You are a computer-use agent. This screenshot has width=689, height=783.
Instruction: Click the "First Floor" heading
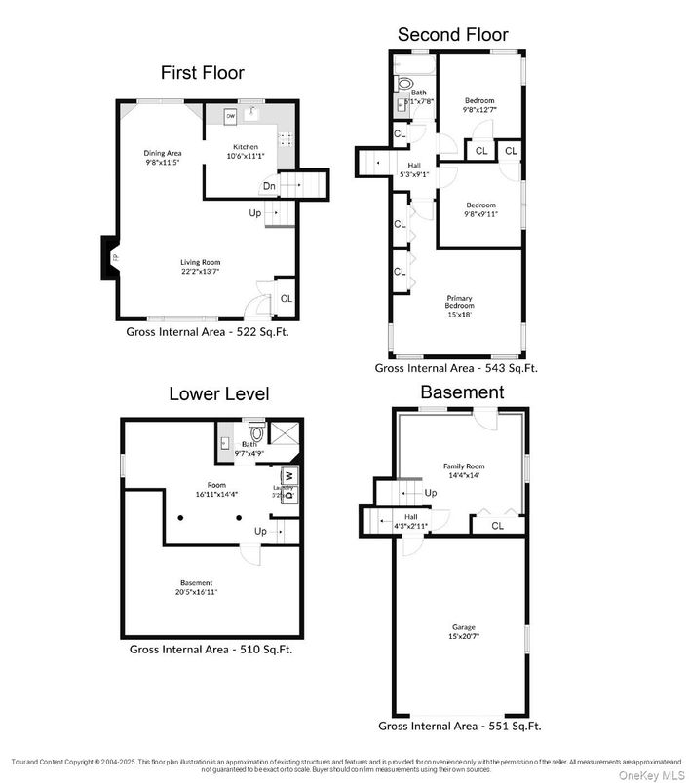pyautogui.click(x=203, y=72)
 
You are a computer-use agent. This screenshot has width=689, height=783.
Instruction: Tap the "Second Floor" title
pyautogui.click(x=452, y=35)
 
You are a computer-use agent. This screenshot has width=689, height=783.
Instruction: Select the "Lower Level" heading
pyautogui.click(x=219, y=394)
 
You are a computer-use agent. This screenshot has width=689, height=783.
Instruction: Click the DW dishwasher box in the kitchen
pyautogui.click(x=231, y=117)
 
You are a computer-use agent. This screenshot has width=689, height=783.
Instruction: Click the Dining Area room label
pyautogui.click(x=163, y=157)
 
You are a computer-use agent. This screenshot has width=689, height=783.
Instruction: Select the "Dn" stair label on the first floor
pyautogui.click(x=268, y=186)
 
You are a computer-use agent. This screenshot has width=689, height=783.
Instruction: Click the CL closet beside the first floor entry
pyautogui.click(x=286, y=299)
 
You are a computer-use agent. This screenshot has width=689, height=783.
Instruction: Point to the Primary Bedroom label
pyautogui.click(x=459, y=306)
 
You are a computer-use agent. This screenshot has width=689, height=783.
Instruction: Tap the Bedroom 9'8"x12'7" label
pyautogui.click(x=478, y=105)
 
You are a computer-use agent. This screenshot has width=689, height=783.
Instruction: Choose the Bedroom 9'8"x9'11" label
pyautogui.click(x=480, y=209)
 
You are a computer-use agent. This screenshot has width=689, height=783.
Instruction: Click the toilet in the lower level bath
pyautogui.click(x=258, y=431)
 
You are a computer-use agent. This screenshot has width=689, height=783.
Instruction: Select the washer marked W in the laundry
pyautogui.click(x=289, y=475)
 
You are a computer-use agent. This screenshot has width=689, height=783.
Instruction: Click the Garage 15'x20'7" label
pyautogui.click(x=463, y=630)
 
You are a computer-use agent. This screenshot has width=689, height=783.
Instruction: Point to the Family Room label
pyautogui.click(x=464, y=470)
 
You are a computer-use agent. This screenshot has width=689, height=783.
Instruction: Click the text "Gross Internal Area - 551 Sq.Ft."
pyautogui.click(x=459, y=726)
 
